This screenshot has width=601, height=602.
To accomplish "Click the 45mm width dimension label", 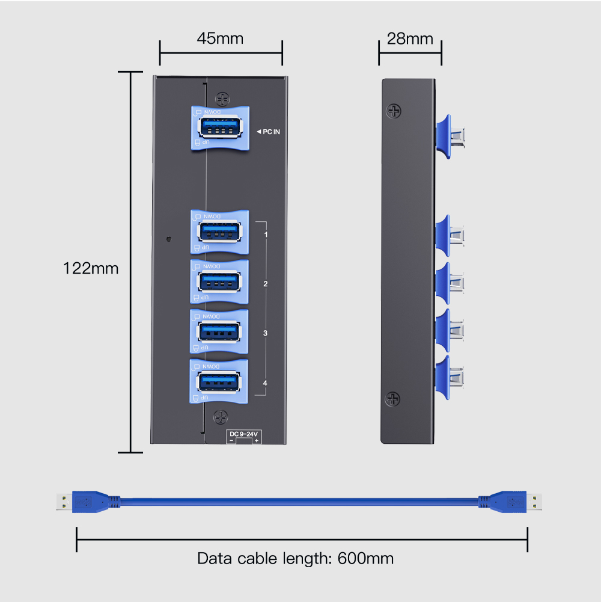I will (220, 38).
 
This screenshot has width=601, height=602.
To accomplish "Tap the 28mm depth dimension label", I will (410, 38).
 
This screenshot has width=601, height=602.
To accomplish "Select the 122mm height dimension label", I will (91, 268).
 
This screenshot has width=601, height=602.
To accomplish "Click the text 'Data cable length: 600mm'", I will (295, 558).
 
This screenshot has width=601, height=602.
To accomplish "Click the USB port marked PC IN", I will (219, 129).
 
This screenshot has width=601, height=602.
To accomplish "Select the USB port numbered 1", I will (219, 232).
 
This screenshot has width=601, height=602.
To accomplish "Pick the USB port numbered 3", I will (219, 331).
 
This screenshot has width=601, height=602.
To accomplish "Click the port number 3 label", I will (265, 333).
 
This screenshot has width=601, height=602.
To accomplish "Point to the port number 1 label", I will (265, 233).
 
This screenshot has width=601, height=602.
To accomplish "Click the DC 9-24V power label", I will (244, 434).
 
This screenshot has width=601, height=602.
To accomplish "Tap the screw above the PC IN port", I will (222, 97).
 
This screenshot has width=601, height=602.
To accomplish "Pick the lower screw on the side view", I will (393, 398).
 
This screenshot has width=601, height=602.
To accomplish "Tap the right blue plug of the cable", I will (502, 502).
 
